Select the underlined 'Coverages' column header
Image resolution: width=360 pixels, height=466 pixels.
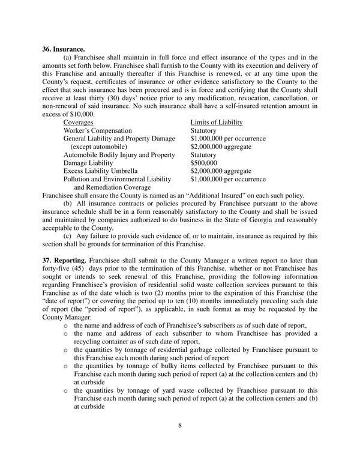[x=81, y=122]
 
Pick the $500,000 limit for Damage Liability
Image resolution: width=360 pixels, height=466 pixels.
[x=205, y=163]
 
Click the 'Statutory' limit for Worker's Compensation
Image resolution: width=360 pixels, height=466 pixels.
[x=204, y=130]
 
